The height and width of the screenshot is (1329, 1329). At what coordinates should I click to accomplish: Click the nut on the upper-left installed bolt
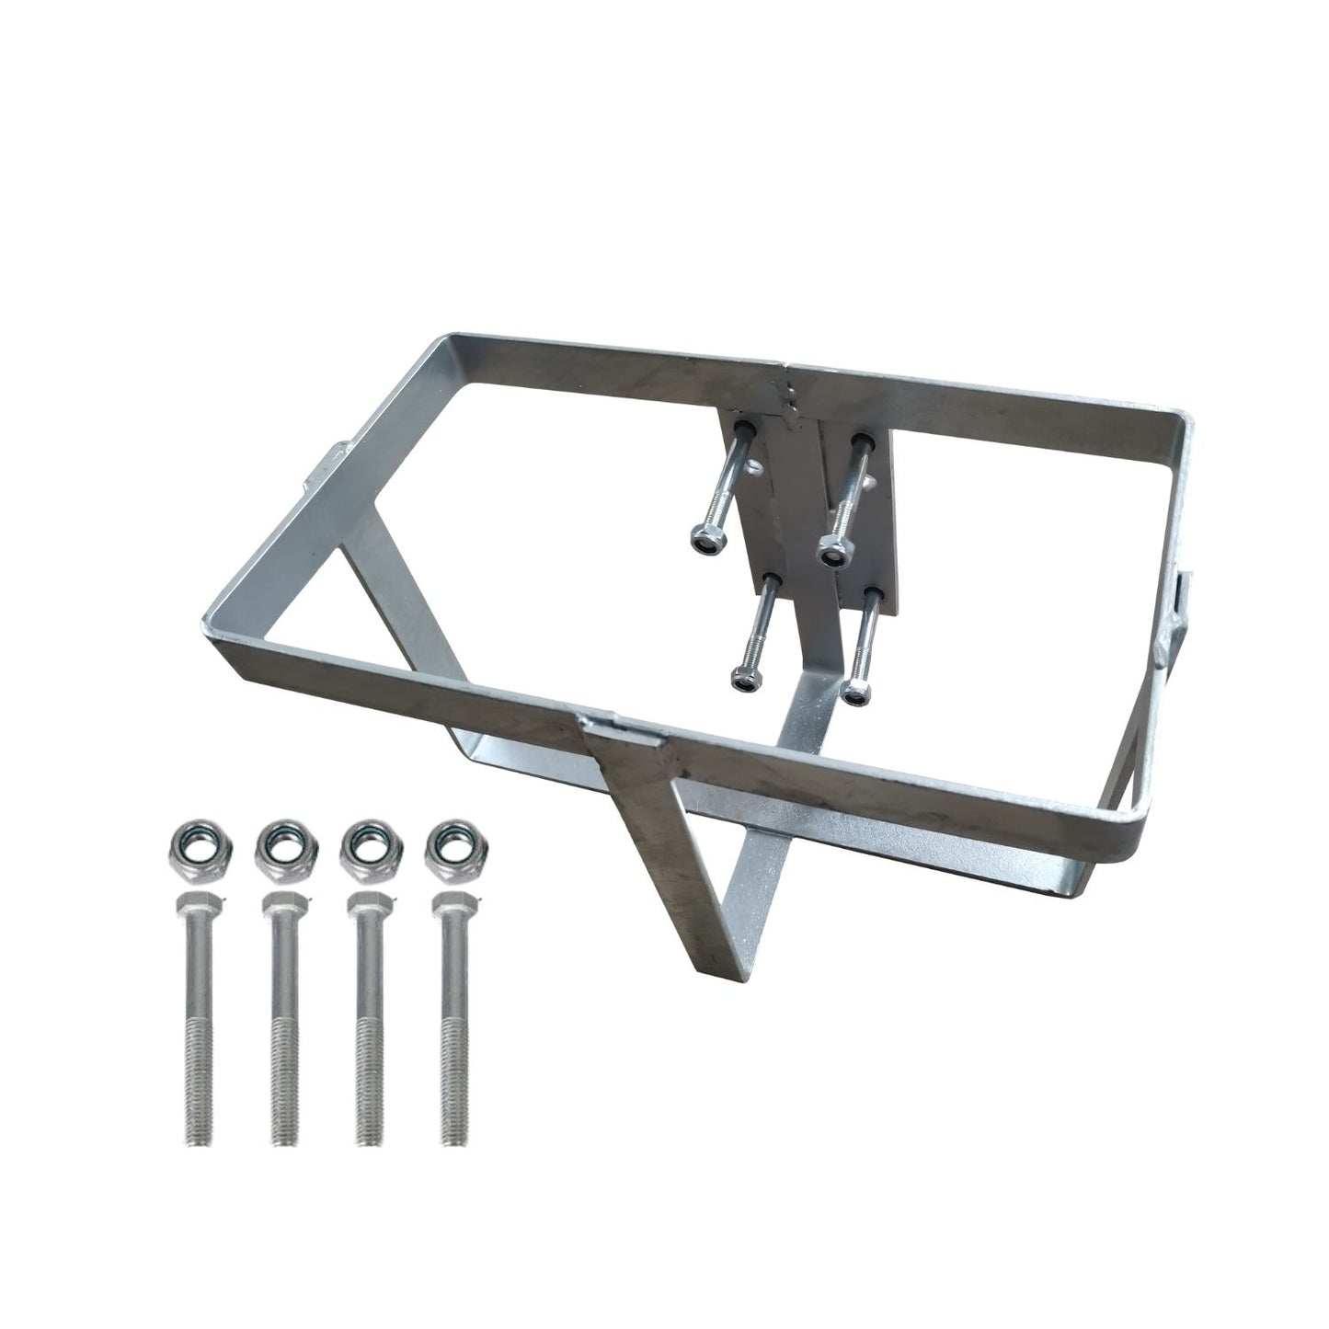click(x=704, y=541)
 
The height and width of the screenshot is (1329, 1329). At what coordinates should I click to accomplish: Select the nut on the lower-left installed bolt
click(x=745, y=679)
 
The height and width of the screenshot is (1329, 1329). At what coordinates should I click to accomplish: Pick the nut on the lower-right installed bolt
click(x=856, y=690)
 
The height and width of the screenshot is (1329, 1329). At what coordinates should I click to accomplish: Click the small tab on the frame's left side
click(x=332, y=457)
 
